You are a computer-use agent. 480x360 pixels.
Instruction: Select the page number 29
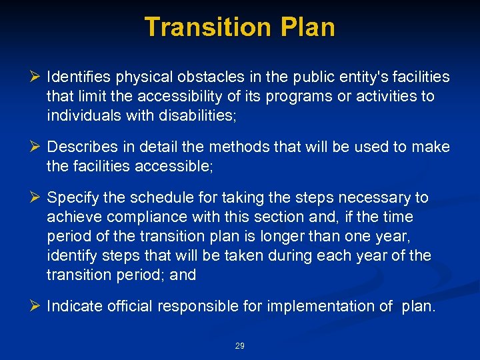[240, 346]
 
